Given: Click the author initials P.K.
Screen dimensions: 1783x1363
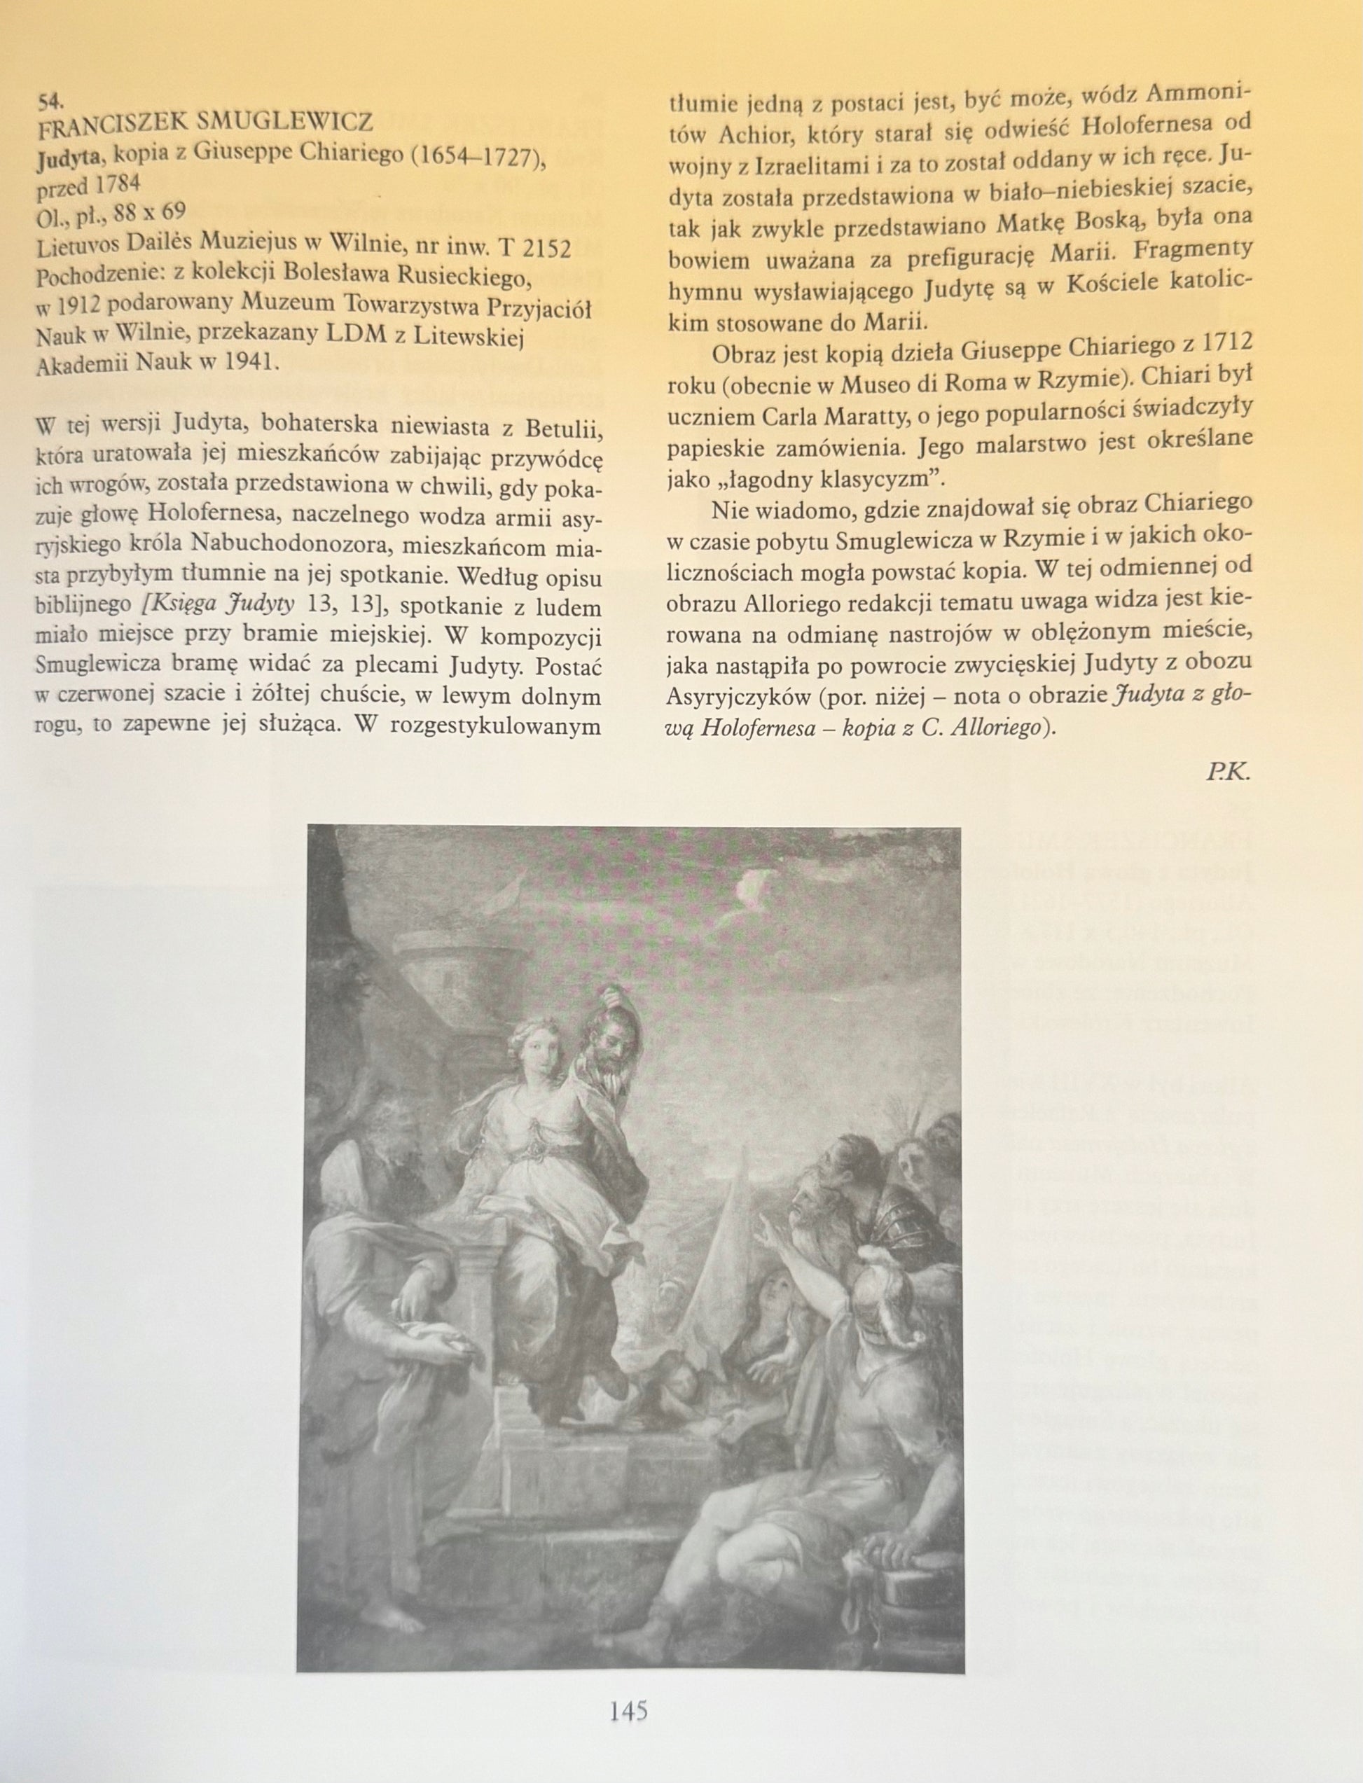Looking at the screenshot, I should (1229, 772).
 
